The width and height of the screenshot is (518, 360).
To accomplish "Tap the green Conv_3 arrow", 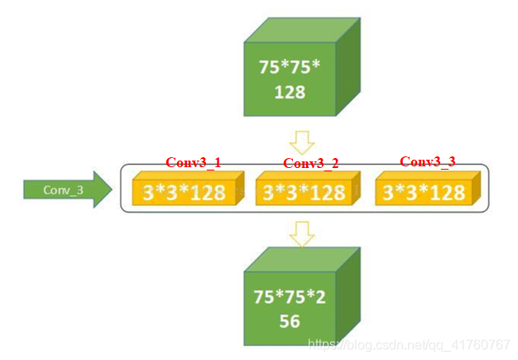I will click(66, 190).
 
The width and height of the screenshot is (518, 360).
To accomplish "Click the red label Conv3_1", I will click(194, 162).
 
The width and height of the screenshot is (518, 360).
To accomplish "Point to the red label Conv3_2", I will click(311, 163).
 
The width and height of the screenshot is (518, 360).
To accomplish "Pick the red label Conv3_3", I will click(428, 161).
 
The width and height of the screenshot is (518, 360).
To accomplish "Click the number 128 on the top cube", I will click(290, 92).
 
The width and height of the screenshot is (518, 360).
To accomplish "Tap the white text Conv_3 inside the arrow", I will click(63, 190).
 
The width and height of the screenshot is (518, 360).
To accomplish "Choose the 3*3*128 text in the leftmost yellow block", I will click(184, 194).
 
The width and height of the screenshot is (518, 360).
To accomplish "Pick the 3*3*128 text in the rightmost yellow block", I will click(424, 194).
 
